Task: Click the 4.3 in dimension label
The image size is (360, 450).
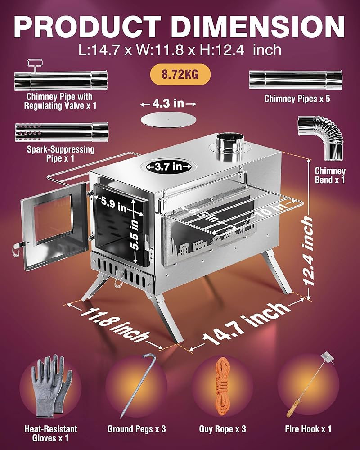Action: pyautogui.click(x=168, y=104)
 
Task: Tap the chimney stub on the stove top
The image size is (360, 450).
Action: pyautogui.click(x=228, y=147)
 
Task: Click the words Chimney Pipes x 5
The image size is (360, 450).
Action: pyautogui.click(x=297, y=98)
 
